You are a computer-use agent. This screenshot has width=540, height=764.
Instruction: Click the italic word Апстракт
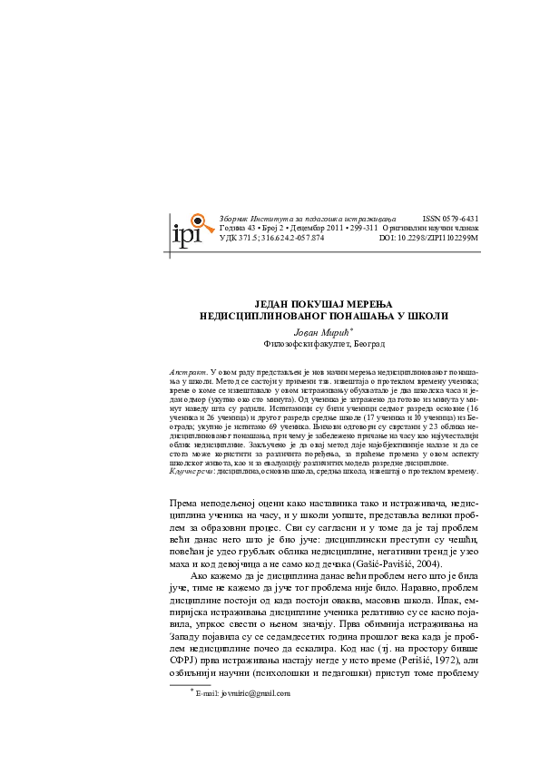pos(190,372)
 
